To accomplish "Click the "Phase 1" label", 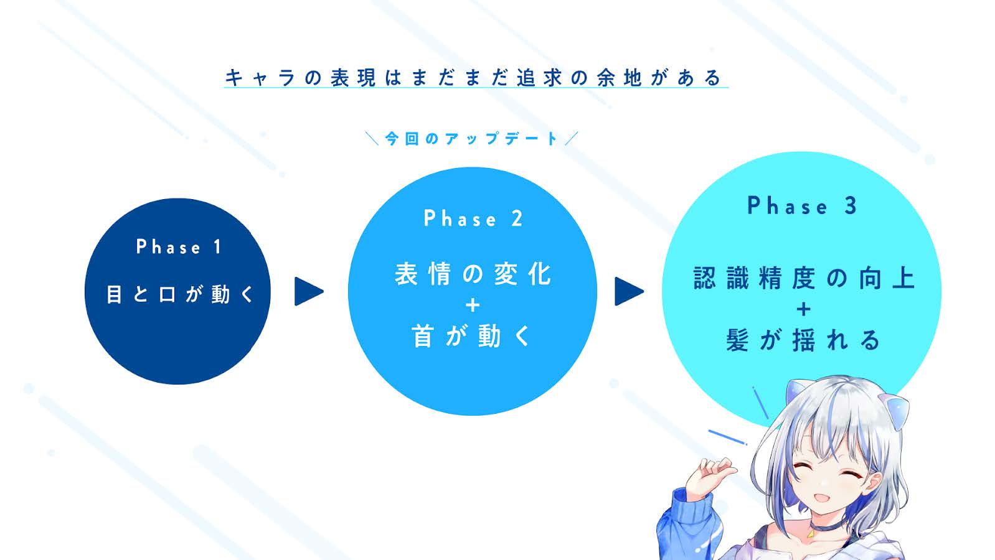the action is (179, 247).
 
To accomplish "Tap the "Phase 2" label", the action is (473, 218).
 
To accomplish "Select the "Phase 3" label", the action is (802, 205).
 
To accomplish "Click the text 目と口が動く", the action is (180, 294).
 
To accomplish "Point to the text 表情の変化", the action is (473, 274).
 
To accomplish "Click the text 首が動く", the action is (471, 336).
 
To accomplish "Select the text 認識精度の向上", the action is (804, 278).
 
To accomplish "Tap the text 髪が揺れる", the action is (803, 340).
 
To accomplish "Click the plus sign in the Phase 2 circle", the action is (473, 306).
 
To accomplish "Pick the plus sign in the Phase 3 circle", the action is (804, 309).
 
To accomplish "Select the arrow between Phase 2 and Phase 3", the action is (629, 292).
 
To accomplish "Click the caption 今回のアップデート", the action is (471, 139).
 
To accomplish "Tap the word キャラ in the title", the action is (260, 78).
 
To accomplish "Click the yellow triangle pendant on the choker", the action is (811, 534).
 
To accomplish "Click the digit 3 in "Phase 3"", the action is (851, 205).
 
